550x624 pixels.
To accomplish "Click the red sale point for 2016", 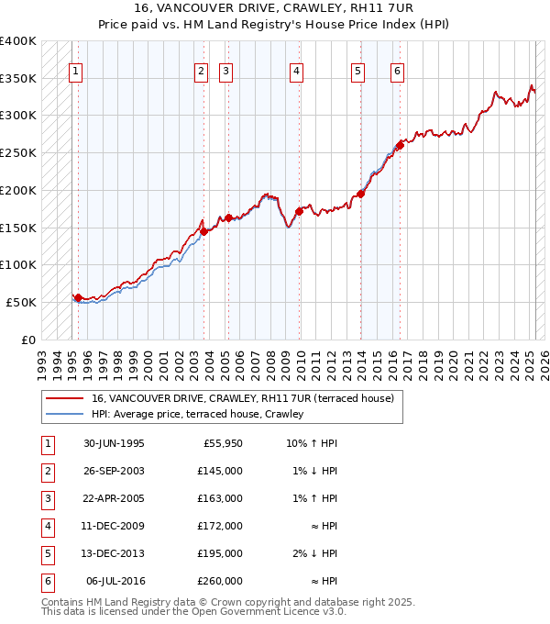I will point(400,145).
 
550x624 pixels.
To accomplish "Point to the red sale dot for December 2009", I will point(300,211).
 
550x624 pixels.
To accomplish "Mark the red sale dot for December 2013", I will point(361,194).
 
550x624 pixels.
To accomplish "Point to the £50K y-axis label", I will point(22,302).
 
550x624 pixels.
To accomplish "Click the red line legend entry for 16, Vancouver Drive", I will point(242,398).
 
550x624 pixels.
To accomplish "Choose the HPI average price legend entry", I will point(196,415).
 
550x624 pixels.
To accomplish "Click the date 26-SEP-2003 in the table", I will point(114,471).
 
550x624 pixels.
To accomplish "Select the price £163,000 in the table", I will point(220,498).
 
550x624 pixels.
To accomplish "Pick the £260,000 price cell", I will point(220,581).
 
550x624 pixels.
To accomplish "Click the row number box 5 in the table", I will point(46,553).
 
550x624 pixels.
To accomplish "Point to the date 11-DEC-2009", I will point(114,526).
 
